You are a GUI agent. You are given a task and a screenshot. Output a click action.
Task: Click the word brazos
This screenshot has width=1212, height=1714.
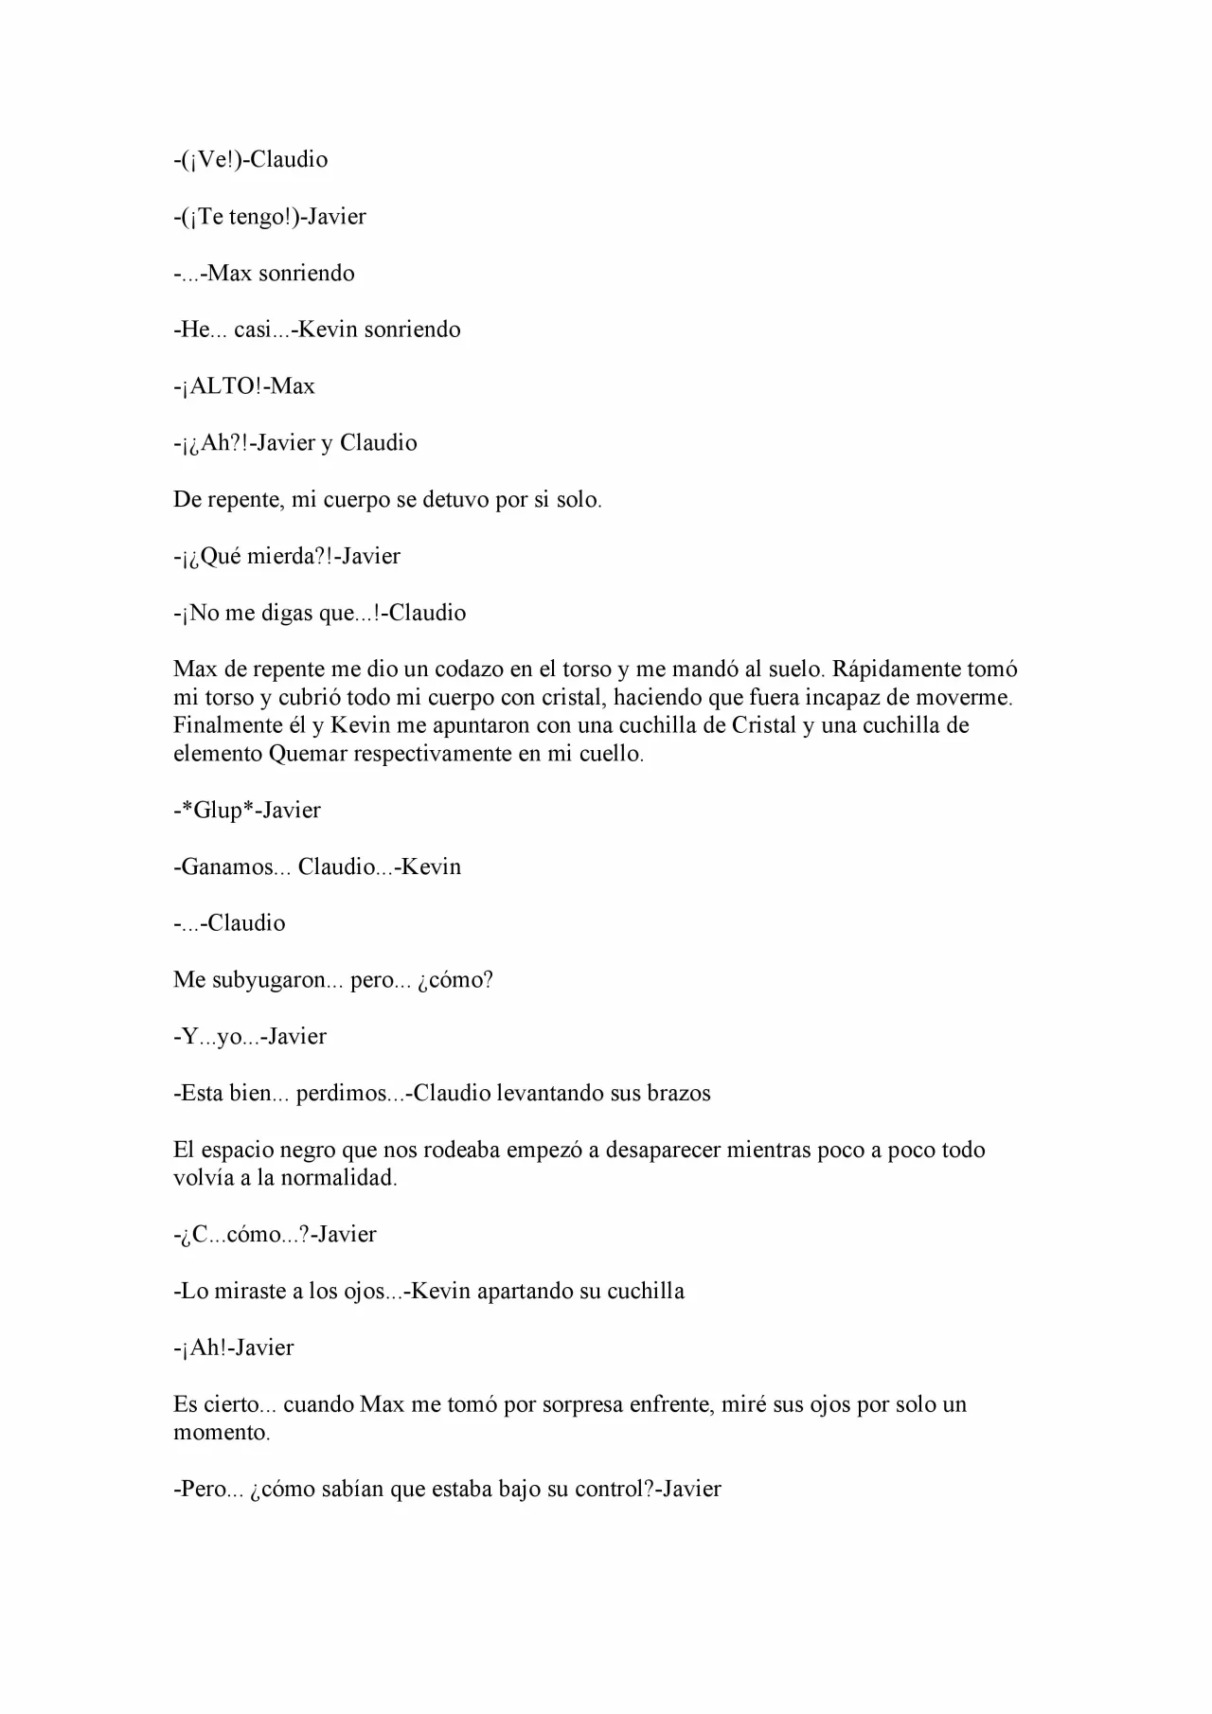679,1094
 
